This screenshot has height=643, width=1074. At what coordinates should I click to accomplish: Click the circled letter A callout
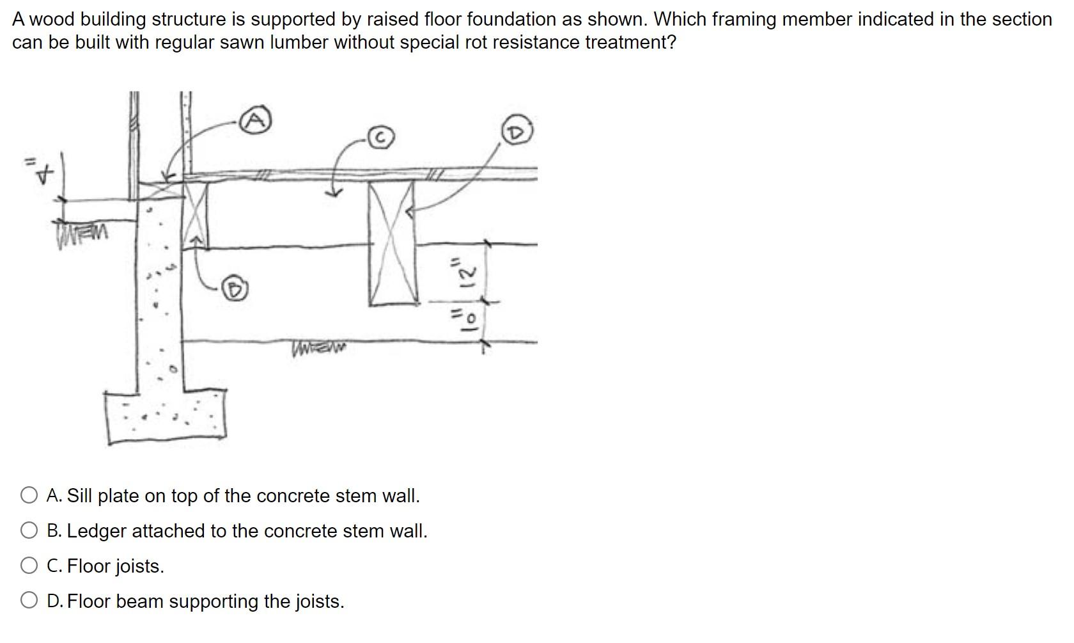256,120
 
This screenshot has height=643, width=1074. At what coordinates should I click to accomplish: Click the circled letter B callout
235,289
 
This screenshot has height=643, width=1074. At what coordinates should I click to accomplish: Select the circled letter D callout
517,132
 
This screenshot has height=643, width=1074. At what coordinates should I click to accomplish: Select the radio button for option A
29,495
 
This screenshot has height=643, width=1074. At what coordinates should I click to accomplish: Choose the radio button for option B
29,530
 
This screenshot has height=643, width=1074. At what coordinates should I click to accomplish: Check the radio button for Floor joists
29,566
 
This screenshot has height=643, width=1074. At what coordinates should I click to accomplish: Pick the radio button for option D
29,601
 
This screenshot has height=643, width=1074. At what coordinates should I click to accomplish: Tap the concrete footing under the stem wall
166,416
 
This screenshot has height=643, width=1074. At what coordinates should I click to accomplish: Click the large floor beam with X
393,243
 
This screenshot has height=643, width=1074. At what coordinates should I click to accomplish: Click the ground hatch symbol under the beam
318,349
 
